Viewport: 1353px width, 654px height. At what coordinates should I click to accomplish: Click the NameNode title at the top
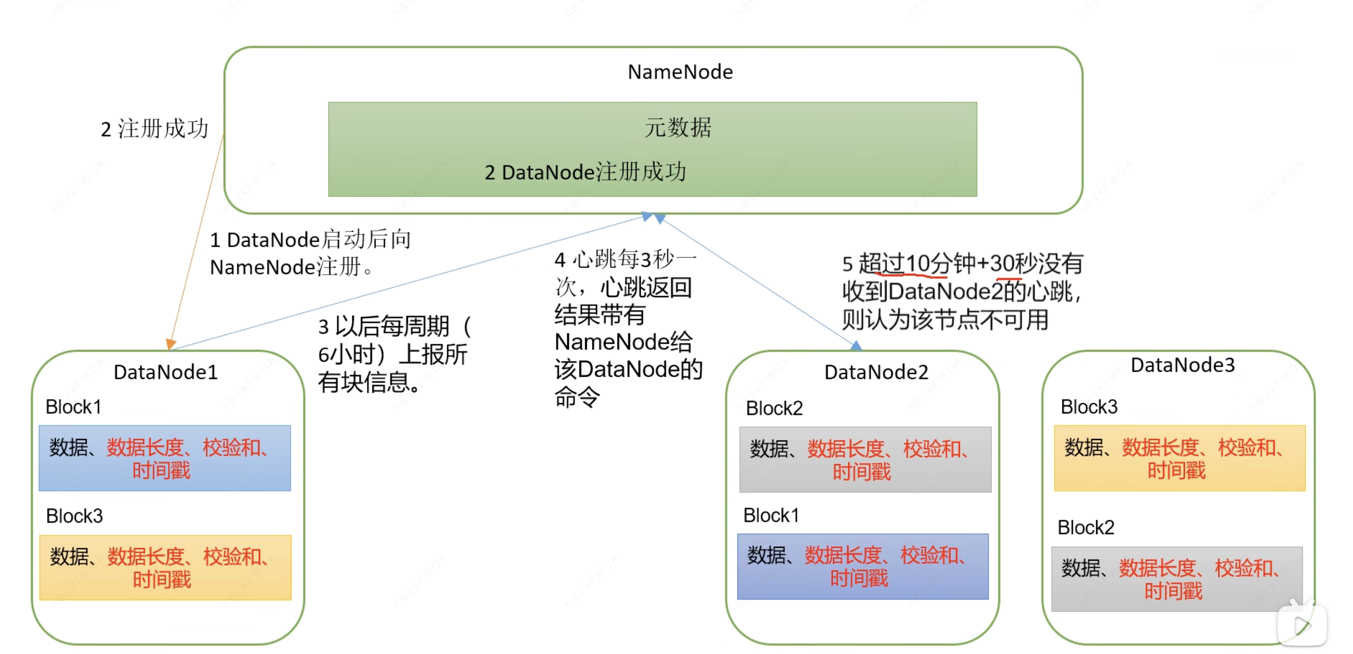[680, 72]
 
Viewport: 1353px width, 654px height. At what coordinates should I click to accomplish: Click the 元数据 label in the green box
[678, 128]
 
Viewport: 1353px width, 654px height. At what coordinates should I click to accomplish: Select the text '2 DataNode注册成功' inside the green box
[585, 172]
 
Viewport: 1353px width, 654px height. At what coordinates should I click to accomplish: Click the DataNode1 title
[166, 372]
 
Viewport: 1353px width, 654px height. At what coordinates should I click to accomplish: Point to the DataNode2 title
[876, 372]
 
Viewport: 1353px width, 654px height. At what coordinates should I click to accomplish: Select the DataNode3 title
[1182, 365]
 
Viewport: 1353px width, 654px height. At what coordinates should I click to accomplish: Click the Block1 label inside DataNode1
[73, 407]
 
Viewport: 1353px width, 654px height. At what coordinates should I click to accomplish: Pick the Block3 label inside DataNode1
[74, 516]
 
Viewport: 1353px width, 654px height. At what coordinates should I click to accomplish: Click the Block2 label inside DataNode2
[774, 408]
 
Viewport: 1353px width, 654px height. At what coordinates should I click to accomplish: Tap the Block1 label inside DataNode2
[771, 515]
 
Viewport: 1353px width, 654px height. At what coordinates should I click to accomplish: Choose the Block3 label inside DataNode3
[1089, 407]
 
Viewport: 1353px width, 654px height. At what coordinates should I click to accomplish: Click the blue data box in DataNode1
[164, 458]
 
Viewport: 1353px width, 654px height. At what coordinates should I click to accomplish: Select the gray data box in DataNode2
[865, 460]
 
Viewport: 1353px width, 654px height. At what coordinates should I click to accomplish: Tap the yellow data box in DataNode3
[1179, 458]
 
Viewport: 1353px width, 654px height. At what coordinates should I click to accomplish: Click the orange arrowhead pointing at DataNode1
[170, 344]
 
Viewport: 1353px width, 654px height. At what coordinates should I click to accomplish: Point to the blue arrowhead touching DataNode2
[856, 345]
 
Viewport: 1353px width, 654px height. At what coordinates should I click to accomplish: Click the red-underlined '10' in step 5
[918, 264]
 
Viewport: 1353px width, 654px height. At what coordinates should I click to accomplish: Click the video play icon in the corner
[1302, 625]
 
